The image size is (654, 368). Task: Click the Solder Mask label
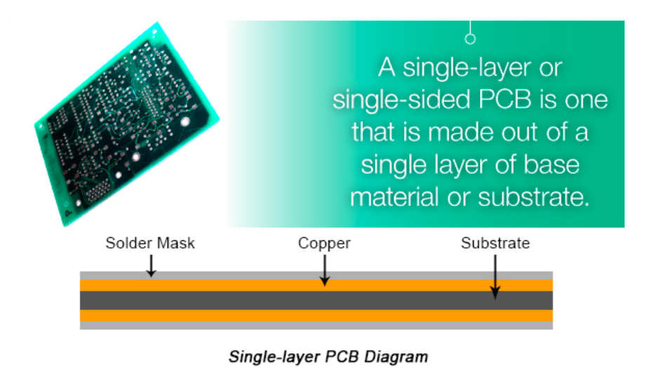point(150,243)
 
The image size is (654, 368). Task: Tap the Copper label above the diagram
point(324,244)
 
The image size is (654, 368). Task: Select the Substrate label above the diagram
point(495,243)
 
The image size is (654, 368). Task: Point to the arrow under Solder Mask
point(151,265)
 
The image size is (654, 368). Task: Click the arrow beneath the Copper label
point(324,270)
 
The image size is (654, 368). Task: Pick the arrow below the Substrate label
point(495,277)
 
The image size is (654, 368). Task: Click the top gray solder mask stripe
point(316,275)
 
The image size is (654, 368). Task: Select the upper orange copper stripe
point(316,285)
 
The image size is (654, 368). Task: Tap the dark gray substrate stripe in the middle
point(316,301)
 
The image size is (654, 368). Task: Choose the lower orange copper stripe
point(316,315)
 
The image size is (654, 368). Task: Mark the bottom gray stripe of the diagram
point(316,325)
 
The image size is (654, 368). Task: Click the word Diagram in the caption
point(396,357)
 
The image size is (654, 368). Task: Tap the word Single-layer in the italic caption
point(274,357)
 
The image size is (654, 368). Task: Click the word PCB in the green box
point(505,100)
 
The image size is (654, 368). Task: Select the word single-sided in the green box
point(402,100)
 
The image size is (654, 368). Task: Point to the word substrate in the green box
point(533,197)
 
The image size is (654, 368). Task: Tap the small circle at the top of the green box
point(470,39)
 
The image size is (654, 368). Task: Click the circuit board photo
point(127,124)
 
